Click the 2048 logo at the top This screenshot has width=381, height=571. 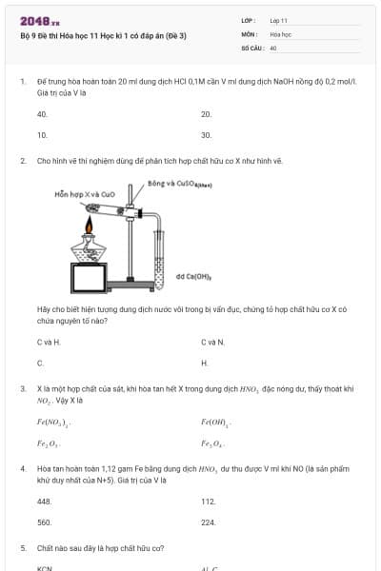point(40,21)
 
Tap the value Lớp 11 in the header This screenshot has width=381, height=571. point(278,20)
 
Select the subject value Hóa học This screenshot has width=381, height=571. point(280,33)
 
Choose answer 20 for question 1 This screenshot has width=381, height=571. point(206,114)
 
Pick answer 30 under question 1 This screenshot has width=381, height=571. point(206,135)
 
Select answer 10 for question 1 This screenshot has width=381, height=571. point(42,135)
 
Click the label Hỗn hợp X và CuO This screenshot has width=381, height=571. point(86,193)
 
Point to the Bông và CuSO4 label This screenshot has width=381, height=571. point(179,183)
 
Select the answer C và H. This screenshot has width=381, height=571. point(49,342)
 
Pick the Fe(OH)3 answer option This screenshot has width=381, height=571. point(216,422)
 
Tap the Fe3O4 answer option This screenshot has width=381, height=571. point(213,443)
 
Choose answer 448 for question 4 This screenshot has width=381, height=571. point(44,502)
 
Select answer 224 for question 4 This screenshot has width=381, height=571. point(209,522)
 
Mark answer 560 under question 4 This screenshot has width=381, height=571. point(44,522)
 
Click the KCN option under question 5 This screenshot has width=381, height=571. point(44,568)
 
